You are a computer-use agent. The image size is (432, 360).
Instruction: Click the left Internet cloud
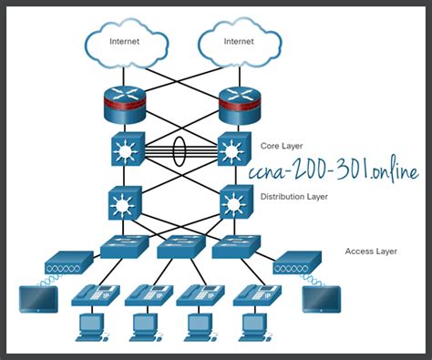click(126, 41)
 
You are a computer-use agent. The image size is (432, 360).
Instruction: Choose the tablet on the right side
click(321, 299)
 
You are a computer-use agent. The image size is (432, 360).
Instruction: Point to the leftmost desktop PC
click(92, 325)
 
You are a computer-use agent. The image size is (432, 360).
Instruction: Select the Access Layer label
click(371, 250)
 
